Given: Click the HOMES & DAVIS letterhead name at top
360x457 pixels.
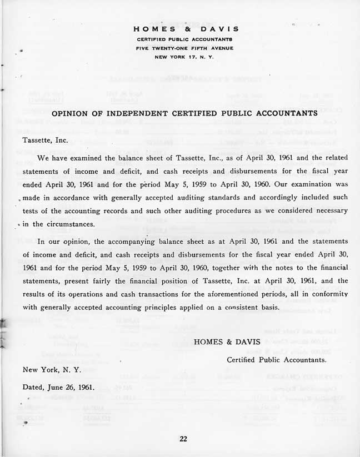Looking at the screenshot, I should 186,29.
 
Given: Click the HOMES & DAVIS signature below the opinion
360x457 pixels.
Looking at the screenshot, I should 220,342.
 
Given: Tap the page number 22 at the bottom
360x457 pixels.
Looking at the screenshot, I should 184,439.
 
